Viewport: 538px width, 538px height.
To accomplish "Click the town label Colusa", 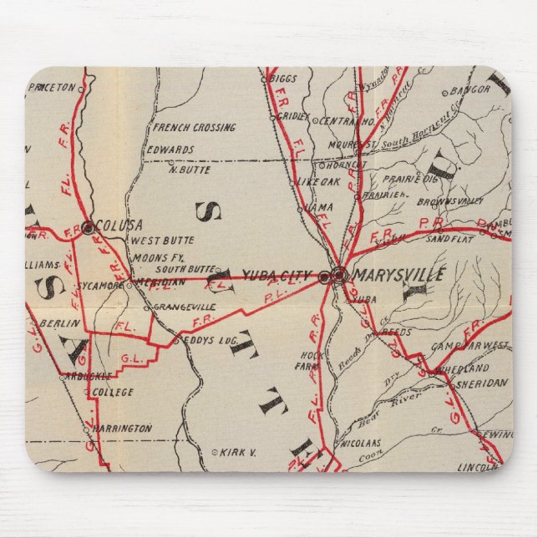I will tap(119, 225).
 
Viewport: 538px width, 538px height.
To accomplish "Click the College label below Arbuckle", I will tap(112, 391).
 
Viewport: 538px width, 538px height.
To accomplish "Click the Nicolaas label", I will tap(362, 443).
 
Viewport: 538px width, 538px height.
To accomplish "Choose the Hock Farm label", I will tap(309, 360).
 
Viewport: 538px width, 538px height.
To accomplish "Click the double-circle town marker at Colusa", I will tap(88, 226).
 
